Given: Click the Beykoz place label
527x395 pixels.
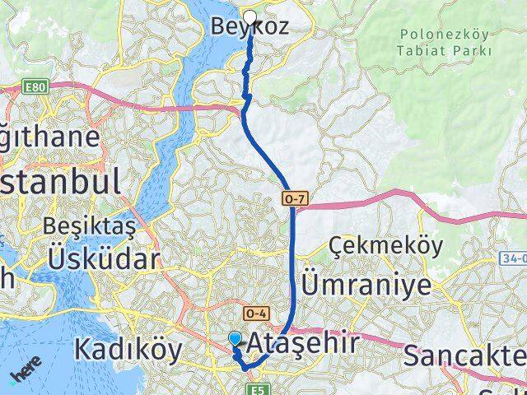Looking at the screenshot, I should tap(250, 26).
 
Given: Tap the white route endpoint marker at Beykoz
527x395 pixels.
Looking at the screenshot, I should tap(250, 15).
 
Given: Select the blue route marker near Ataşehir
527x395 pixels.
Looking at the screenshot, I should tap(236, 338).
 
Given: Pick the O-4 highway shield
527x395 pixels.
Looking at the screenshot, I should tap(256, 313).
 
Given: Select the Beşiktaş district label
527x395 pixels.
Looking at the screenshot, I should tap(86, 225).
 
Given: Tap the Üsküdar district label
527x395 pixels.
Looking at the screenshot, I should tap(103, 259).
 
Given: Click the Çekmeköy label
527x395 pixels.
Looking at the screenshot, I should tap(385, 246).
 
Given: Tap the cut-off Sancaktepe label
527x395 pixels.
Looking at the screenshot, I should tap(465, 355).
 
